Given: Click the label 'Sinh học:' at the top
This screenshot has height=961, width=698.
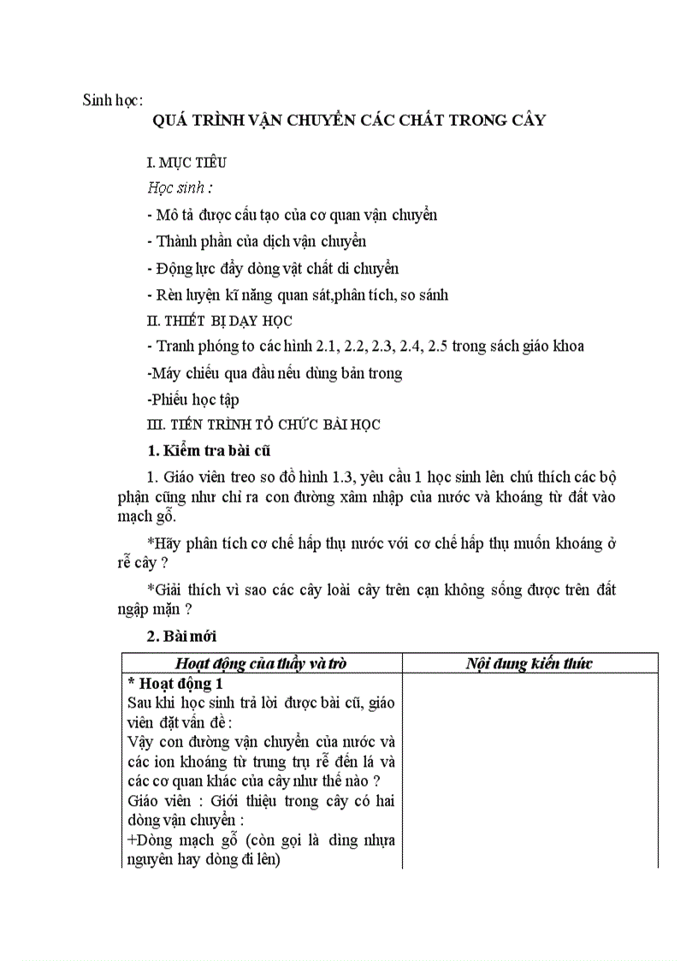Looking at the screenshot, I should coord(112,99).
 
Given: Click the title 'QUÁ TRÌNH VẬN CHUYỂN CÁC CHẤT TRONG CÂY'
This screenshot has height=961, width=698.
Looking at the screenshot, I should coord(349,120).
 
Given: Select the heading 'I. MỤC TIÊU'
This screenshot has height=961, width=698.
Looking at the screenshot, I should coord(187,162).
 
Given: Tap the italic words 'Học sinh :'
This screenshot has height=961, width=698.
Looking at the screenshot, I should coord(180,188).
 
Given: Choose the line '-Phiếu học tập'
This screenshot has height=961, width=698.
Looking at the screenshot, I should coord(193,399).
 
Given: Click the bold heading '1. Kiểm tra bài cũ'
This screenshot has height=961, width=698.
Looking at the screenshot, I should coord(210,450).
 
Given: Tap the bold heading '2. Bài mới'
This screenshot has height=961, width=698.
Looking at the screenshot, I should coord(182,636).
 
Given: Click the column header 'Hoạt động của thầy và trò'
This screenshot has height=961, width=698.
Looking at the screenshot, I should coord(261,663).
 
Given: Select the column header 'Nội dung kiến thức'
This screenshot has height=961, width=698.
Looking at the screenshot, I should coord(529,663).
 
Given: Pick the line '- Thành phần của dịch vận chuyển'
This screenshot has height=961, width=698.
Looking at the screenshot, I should coord(257,241).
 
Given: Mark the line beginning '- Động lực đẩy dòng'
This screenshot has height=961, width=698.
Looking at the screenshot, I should coord(273,269).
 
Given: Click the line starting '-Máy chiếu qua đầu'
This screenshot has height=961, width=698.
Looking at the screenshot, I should coord(275,373).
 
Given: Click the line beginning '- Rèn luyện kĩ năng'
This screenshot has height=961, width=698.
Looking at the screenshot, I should coord(298,295).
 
